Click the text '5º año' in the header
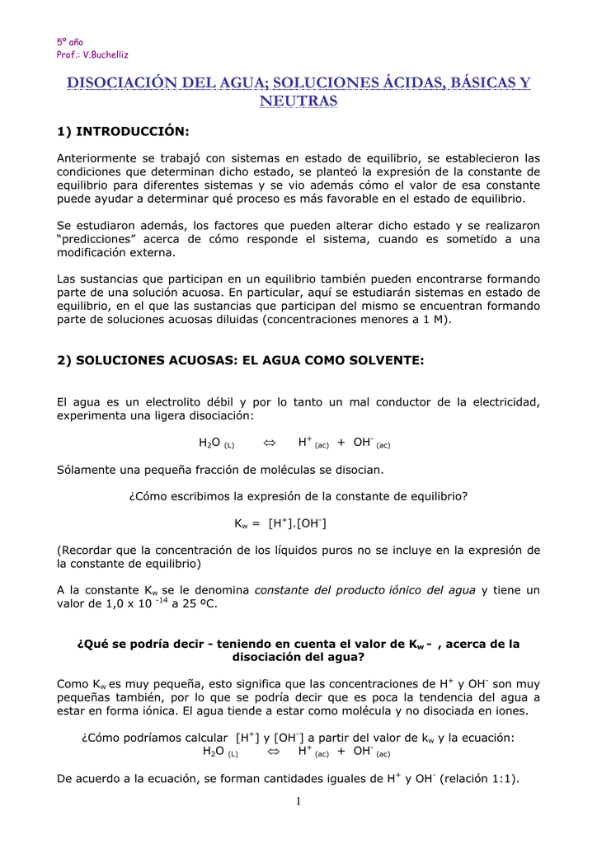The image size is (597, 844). click(x=69, y=41)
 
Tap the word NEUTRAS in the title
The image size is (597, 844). click(x=298, y=101)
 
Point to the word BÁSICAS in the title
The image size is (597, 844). click(x=466, y=83)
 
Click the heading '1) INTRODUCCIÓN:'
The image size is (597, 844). click(x=123, y=132)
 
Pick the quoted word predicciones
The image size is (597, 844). click(x=97, y=239)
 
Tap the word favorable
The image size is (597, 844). click(x=384, y=199)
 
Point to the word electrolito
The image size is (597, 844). click(x=162, y=402)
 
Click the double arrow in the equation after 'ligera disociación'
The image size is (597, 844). click(x=268, y=443)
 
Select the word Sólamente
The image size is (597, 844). click(x=88, y=470)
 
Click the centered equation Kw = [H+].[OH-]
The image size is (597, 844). click(x=283, y=523)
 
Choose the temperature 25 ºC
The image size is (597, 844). click(x=201, y=603)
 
